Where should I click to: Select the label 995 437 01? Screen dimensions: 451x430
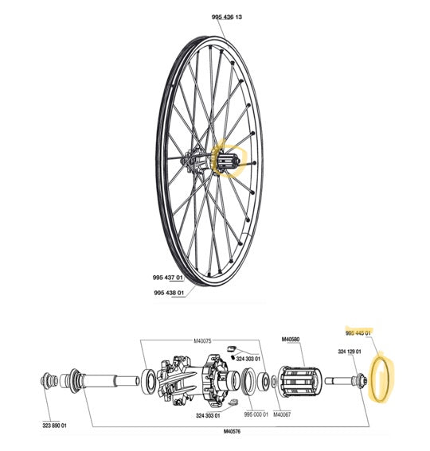169,278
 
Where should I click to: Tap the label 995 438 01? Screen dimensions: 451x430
169,292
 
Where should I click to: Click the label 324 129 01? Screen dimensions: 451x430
350,352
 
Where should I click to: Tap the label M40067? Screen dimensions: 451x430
283,414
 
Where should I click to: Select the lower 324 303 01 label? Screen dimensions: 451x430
210,414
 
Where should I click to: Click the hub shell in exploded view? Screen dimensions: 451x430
191,377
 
